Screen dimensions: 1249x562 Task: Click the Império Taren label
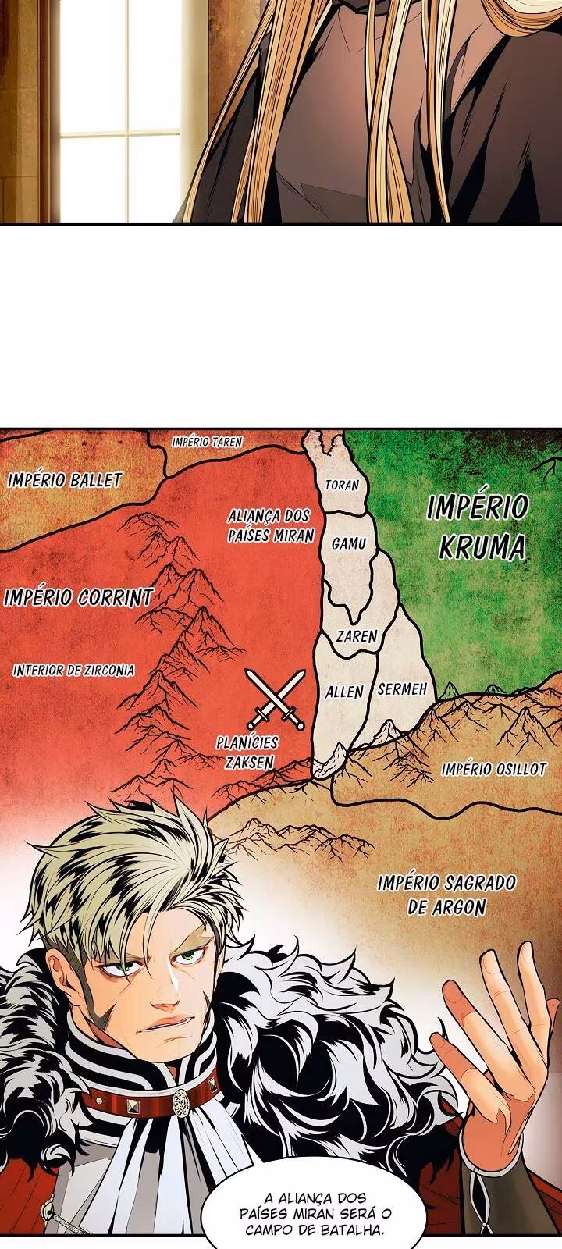pos(207,442)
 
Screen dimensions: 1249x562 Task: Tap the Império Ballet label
pos(65,479)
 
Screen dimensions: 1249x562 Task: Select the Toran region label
pos(342,485)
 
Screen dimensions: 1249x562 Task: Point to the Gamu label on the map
pos(348,543)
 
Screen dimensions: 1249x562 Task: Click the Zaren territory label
pos(356,636)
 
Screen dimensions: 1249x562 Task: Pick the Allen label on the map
pos(344,692)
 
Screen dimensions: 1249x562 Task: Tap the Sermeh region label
pos(402,689)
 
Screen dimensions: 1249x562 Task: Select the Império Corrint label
pos(78,598)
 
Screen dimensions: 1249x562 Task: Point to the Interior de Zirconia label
pos(73,670)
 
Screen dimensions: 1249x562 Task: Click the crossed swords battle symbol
pos(275,698)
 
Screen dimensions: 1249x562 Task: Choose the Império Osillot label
pos(493,769)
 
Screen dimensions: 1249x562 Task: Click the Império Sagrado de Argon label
pos(446,894)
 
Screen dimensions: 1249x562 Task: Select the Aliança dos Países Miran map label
pos(270,525)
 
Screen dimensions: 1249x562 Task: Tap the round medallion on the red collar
pos(181,1101)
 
